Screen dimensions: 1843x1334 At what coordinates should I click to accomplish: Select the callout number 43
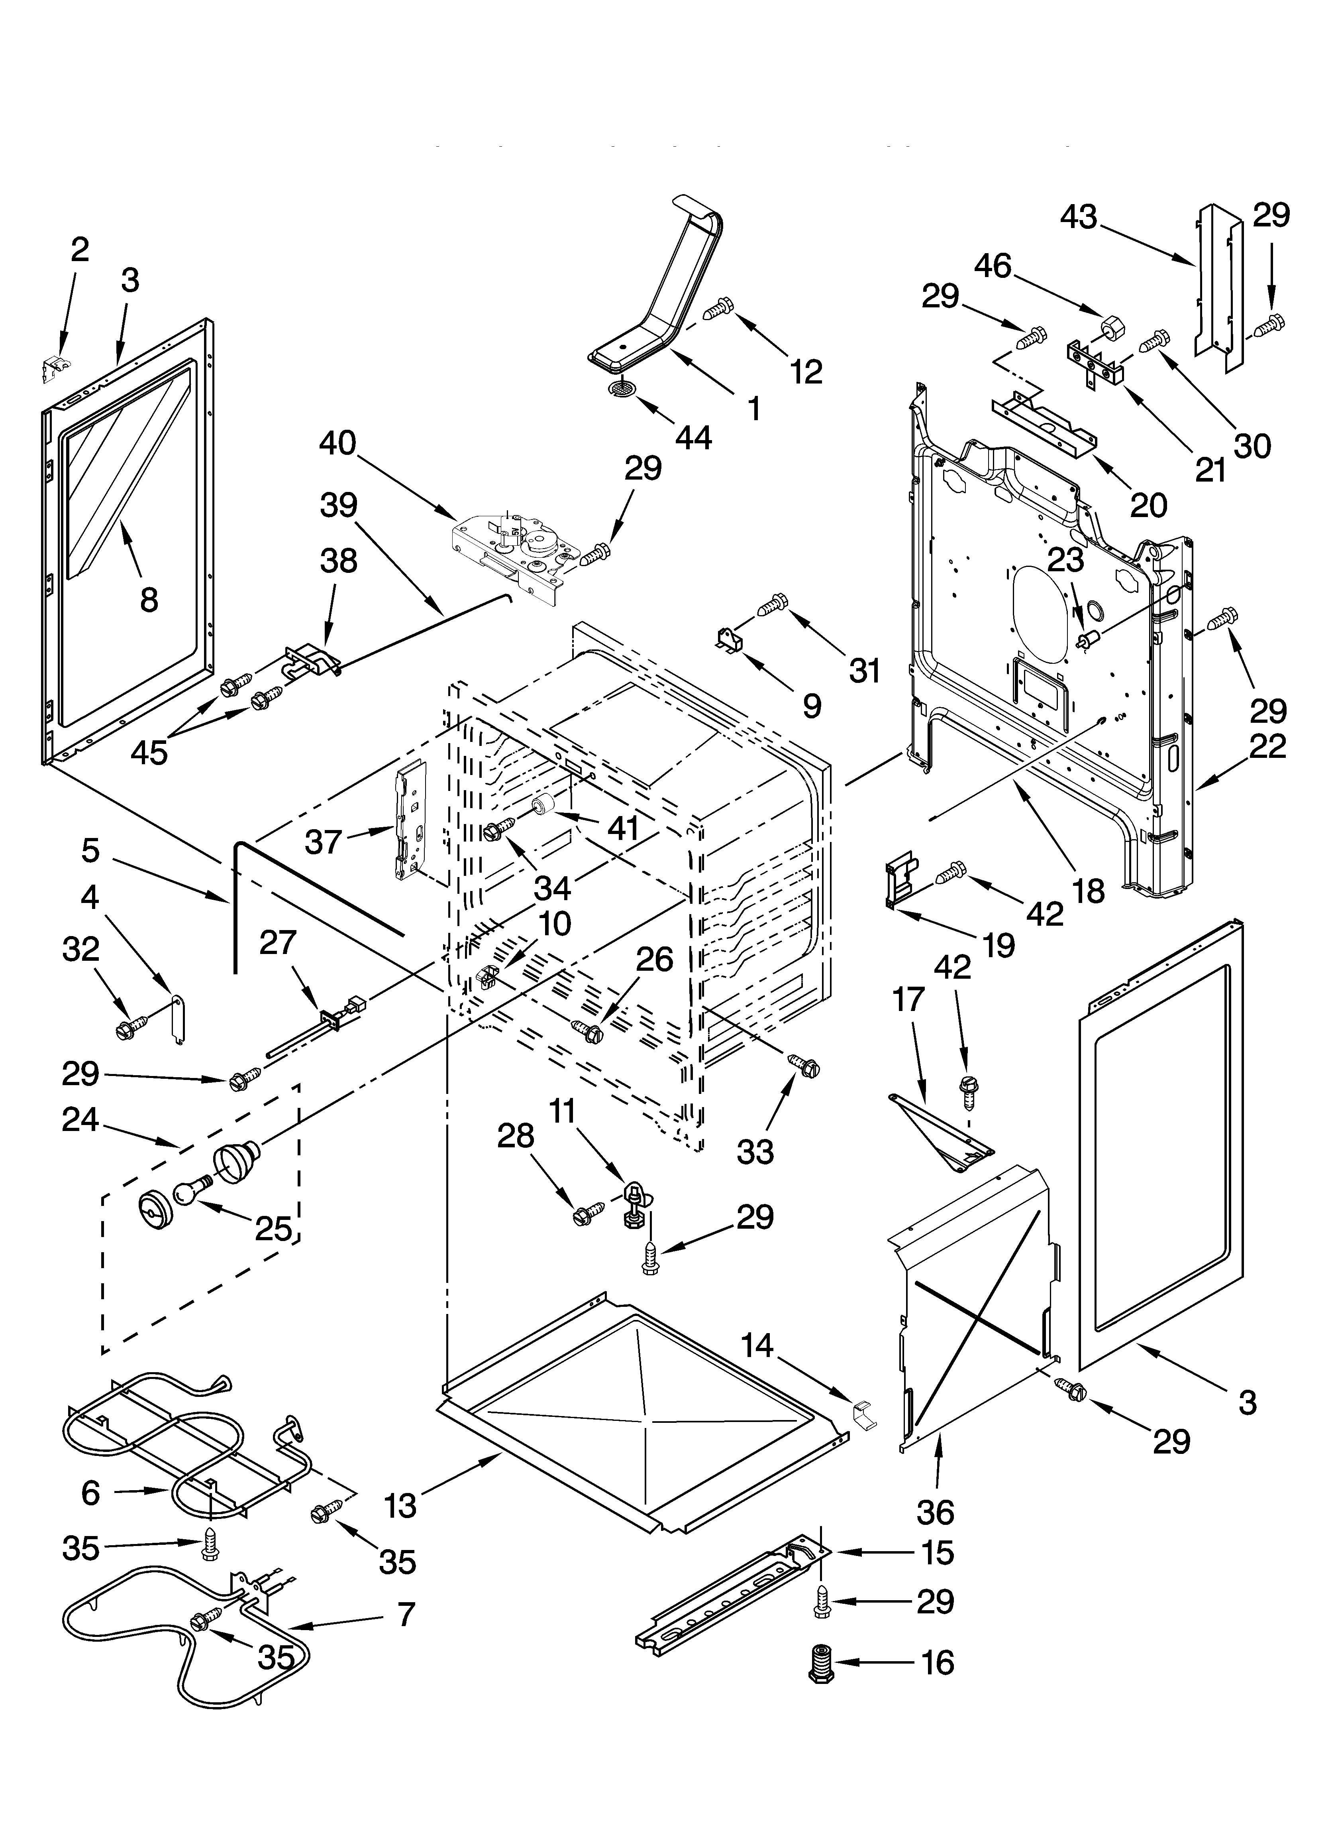(1079, 217)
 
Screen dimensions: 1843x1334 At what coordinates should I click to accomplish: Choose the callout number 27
(278, 942)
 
